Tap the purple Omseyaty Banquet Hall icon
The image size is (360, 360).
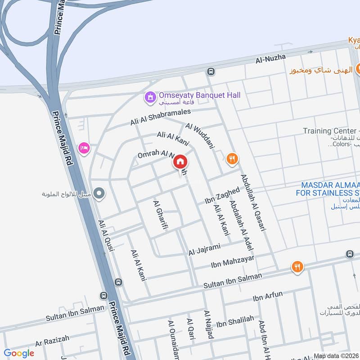point(149,96)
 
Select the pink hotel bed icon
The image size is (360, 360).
point(84,148)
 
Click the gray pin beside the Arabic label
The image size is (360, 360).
point(100,194)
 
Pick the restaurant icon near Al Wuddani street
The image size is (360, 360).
point(232,158)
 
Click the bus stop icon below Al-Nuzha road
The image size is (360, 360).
point(211,72)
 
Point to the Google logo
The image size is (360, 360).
point(19,353)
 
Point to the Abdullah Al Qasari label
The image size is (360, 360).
point(253,202)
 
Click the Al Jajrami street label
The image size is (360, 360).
point(205,249)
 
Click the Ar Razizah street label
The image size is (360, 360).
point(52,341)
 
